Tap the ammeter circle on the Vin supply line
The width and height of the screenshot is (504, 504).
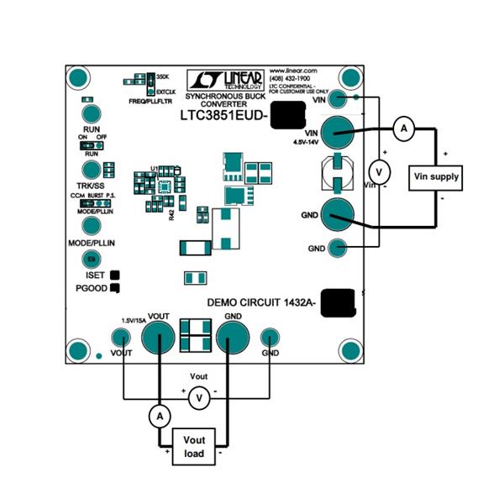(x=402, y=128)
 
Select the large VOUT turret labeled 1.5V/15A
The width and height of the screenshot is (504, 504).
(x=157, y=339)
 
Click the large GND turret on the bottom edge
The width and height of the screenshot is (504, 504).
(x=233, y=339)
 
